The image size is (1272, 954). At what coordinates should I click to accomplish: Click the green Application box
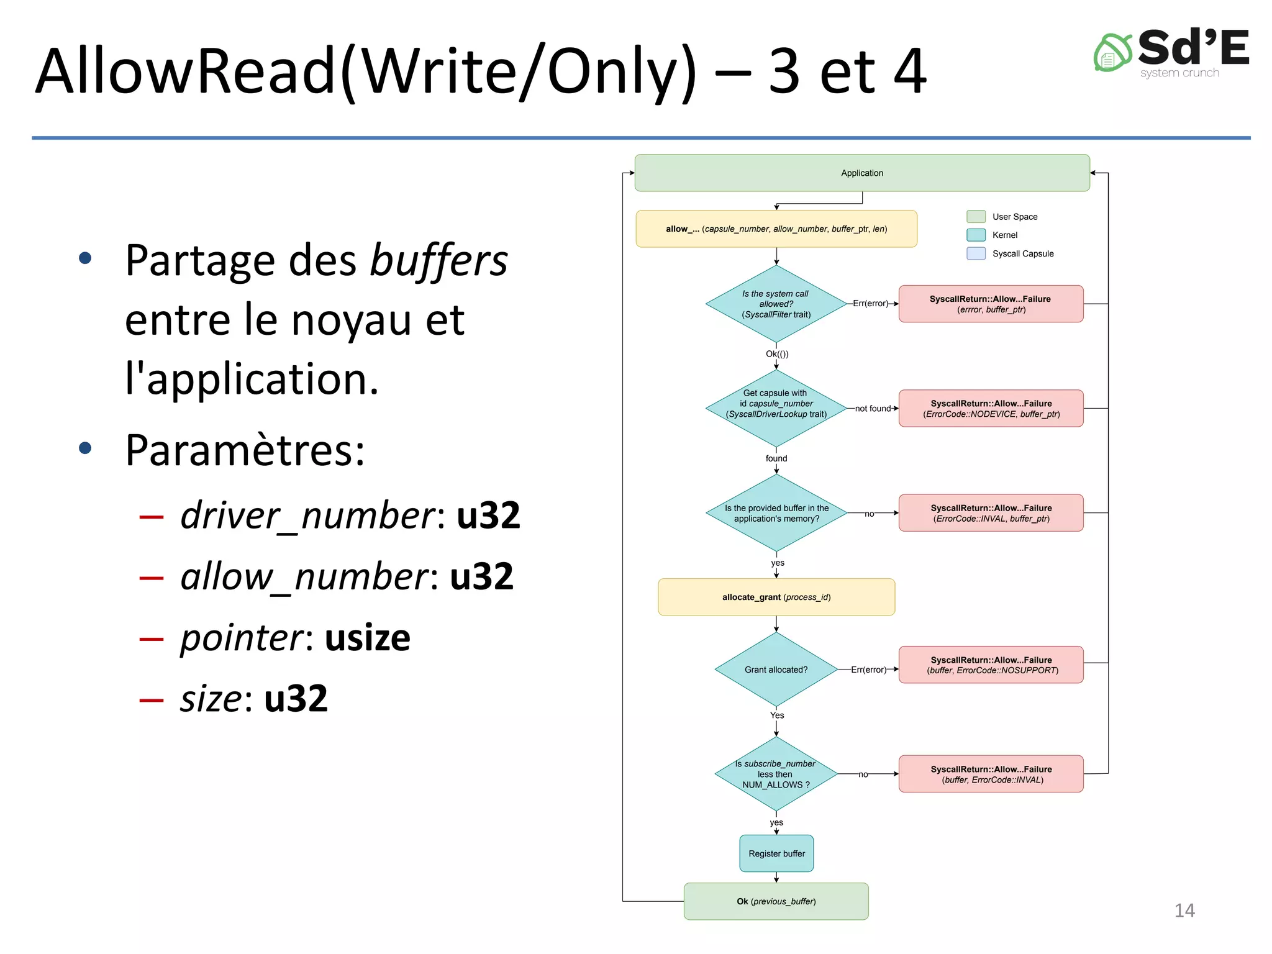861,173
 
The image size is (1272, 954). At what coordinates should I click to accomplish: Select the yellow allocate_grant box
776,597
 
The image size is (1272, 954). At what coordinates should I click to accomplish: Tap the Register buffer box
776,853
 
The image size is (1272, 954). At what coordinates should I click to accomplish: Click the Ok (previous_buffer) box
776,901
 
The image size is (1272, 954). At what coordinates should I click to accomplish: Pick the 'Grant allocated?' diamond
776,670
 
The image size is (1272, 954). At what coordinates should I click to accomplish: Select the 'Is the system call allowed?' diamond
776,304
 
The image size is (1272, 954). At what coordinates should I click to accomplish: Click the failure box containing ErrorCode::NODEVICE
991,408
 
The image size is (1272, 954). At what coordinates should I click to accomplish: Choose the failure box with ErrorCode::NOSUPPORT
991,665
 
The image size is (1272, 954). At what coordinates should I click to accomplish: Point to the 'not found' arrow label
873,408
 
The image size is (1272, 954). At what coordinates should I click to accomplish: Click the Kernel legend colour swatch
976,235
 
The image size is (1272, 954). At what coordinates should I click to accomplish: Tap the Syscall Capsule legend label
1022,253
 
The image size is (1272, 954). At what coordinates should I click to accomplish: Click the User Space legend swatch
976,216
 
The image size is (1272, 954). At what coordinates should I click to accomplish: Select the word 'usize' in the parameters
367,638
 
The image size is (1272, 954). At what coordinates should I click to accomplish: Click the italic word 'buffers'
438,261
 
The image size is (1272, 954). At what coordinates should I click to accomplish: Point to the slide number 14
1184,911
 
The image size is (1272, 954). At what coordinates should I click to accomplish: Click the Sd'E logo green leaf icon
1112,53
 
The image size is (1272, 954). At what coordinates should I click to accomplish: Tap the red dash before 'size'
152,701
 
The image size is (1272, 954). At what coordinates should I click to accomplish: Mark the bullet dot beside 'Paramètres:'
86,448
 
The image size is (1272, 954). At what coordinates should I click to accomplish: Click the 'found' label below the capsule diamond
776,458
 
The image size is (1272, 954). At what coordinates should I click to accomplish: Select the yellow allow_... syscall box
776,229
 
